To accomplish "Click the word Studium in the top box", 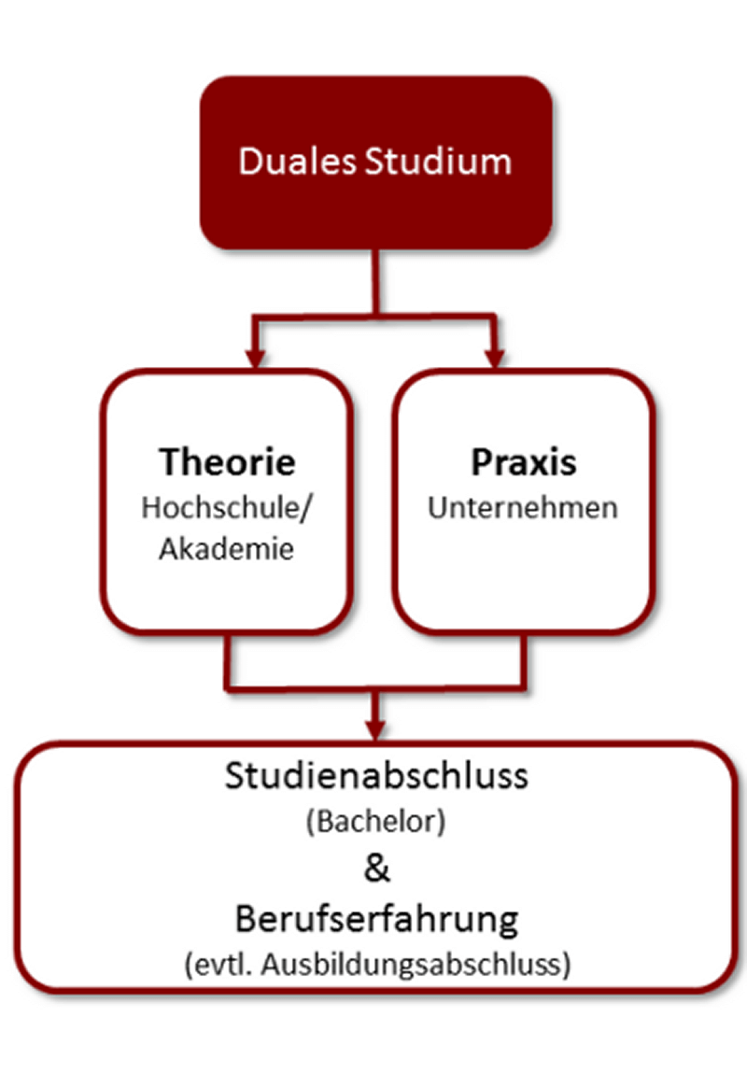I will (x=438, y=161).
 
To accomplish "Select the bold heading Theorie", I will (x=227, y=462).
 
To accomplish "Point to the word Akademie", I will (x=226, y=549).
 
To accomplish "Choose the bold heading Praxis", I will (x=522, y=462).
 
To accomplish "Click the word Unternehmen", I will (x=522, y=508).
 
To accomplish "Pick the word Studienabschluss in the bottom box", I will (x=375, y=777).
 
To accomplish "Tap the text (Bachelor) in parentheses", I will (x=375, y=823).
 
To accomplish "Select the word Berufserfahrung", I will (x=375, y=919).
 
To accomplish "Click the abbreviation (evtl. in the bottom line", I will (x=218, y=965).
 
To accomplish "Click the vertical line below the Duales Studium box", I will (x=375, y=280).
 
